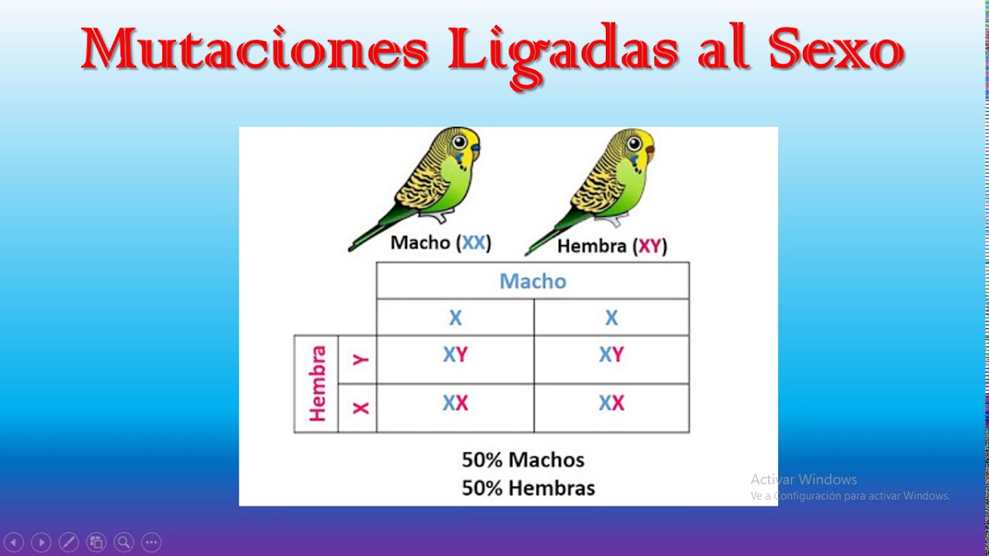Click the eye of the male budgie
pyautogui.click(x=461, y=142)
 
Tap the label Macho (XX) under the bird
pyautogui.click(x=440, y=242)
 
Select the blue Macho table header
pyautogui.click(x=532, y=281)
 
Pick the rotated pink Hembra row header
pyautogui.click(x=317, y=384)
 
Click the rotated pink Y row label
pyautogui.click(x=359, y=360)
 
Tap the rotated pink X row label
pyautogui.click(x=359, y=408)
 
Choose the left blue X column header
pyautogui.click(x=455, y=317)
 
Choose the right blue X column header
pyautogui.click(x=611, y=317)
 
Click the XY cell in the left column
pyautogui.click(x=455, y=354)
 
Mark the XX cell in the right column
pyautogui.click(x=611, y=403)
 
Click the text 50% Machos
pyautogui.click(x=523, y=460)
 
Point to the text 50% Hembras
pyautogui.click(x=528, y=488)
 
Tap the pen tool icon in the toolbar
pyautogui.click(x=68, y=542)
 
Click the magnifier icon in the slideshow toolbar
pyautogui.click(x=124, y=542)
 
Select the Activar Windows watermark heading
pyautogui.click(x=804, y=480)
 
